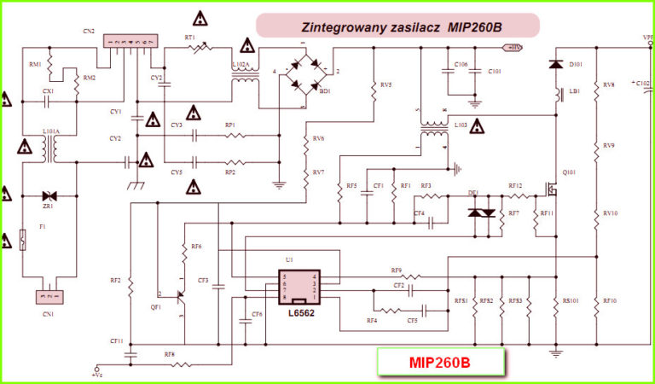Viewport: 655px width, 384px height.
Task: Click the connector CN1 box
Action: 49,297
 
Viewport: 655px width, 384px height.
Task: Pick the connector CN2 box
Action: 127,40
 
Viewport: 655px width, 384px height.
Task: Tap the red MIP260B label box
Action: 440,363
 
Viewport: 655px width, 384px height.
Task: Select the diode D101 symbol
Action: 557,65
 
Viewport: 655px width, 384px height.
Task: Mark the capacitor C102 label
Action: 641,83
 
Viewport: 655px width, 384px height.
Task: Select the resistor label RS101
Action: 571,300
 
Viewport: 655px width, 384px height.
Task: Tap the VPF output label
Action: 647,38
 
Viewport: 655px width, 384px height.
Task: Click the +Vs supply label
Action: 97,373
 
